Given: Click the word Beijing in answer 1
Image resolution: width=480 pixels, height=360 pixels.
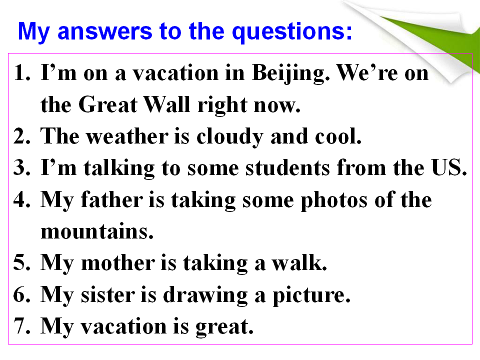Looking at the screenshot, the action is tap(290, 74).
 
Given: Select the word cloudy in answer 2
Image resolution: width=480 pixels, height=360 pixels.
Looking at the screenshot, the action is tap(229, 137).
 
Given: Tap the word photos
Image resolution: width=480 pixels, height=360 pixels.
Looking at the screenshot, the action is tap(334, 200).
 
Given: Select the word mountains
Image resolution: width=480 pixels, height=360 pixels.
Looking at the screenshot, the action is tap(96, 231).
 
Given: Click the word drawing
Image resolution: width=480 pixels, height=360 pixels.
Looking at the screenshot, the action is tap(205, 295).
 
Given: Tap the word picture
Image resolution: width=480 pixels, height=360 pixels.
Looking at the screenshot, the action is tap(311, 295).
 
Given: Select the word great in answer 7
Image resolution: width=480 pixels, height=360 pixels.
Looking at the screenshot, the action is tap(224, 327).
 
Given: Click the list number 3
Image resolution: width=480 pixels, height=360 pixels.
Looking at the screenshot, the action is tap(21, 167).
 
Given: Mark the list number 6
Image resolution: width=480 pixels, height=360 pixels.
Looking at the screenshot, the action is tap(21, 294).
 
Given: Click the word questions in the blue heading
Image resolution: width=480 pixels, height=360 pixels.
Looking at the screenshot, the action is tap(292, 32).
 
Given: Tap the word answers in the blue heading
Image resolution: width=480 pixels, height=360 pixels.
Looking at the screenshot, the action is tap(104, 32).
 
